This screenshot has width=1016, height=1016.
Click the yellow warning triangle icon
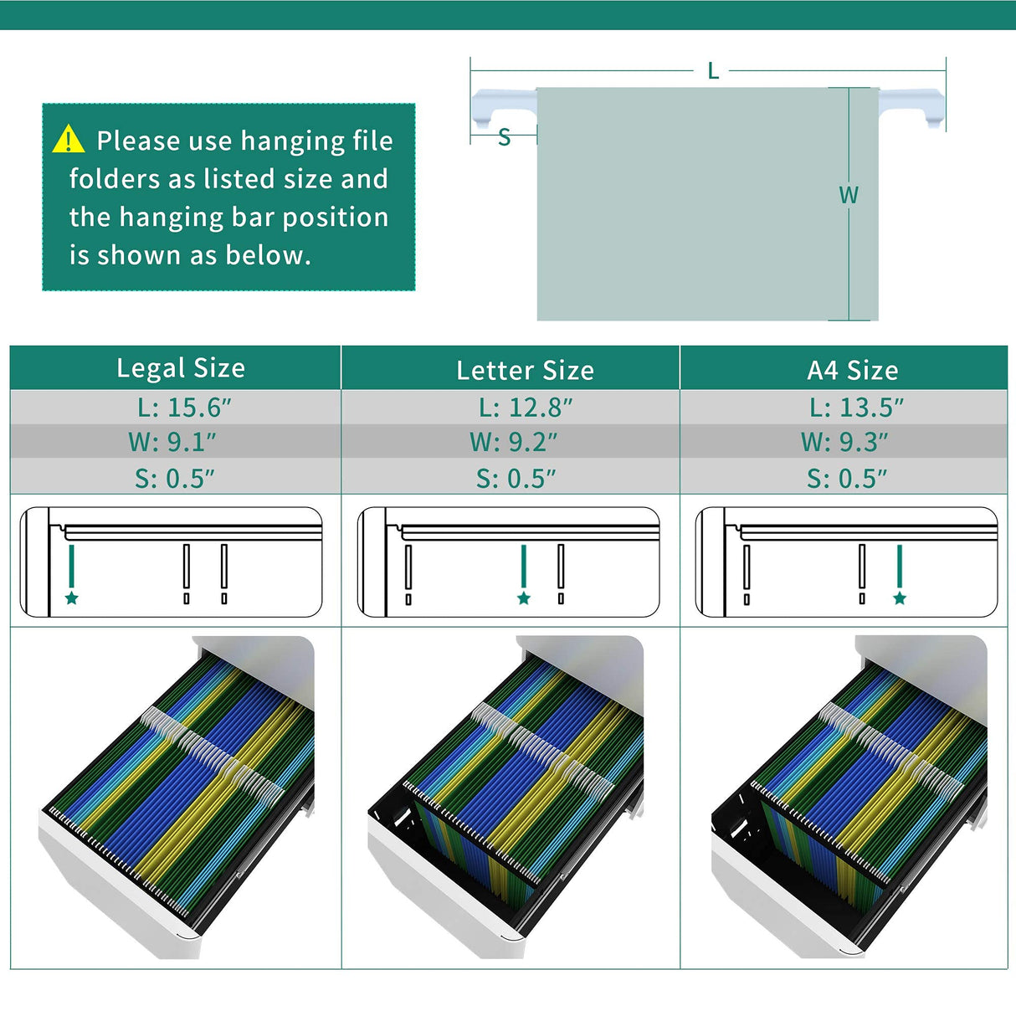pos(68,140)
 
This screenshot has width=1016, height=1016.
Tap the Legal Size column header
pos(181,368)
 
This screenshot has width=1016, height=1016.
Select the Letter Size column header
pos(525,370)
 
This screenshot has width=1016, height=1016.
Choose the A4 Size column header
pos(852,370)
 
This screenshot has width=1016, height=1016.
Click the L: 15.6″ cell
pos(184,408)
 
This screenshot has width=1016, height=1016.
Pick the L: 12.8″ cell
pos(526,408)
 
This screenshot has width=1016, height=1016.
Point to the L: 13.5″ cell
pos(856,408)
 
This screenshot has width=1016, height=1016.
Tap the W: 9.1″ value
pos(172,442)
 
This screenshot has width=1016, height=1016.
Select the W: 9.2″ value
pos(513,442)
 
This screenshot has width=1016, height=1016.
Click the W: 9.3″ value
pos(844,442)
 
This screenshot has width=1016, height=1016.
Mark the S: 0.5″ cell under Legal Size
pos(175,479)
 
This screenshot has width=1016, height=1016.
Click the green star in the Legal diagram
pos(72,598)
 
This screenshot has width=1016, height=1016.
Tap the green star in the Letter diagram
pos(524,598)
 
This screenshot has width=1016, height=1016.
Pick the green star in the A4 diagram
pos(900,598)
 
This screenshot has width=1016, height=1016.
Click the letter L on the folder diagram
pos(713,71)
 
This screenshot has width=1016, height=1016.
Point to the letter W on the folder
pos(849,196)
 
